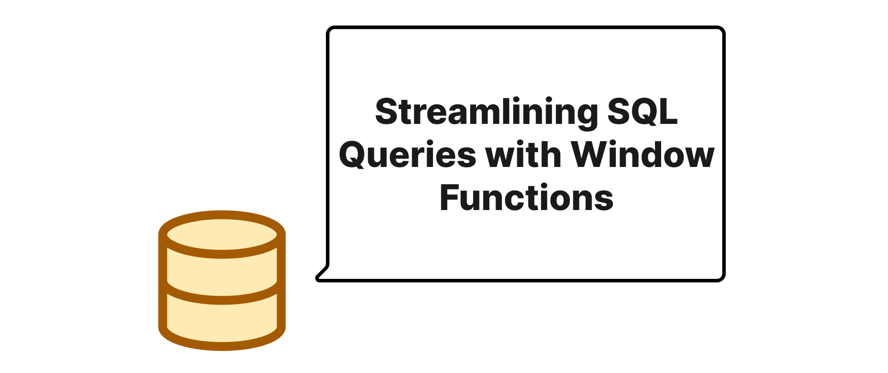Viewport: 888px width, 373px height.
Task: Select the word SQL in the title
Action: click(x=642, y=112)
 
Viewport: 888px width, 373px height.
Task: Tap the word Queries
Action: click(x=407, y=155)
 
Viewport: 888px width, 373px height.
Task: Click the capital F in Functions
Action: click(x=449, y=197)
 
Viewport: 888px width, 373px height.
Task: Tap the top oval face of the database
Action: click(x=222, y=234)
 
